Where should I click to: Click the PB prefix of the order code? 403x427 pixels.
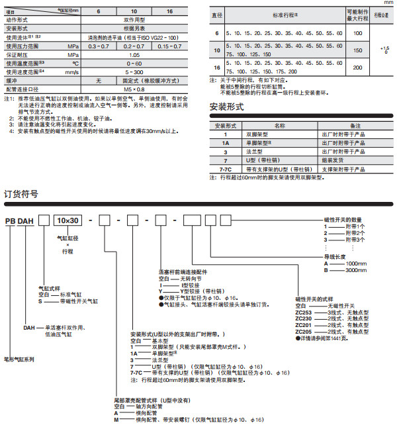(x=11, y=220)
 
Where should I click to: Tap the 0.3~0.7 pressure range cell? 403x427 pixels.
(x=99, y=47)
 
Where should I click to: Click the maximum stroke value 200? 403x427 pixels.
(x=358, y=68)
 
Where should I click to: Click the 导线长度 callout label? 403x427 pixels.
(x=335, y=256)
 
